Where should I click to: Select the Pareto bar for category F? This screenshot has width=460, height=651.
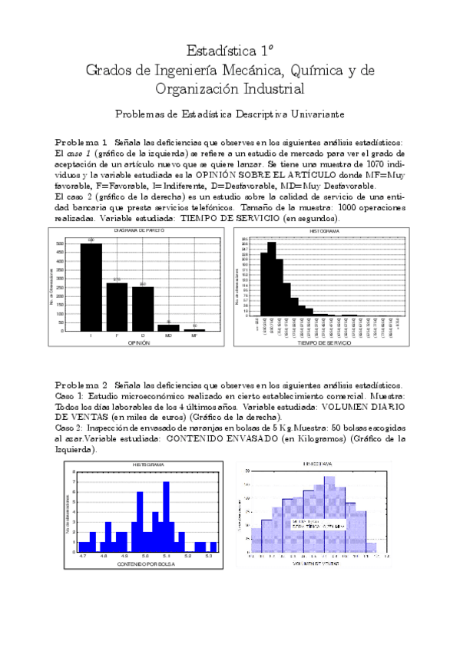pos(117,306)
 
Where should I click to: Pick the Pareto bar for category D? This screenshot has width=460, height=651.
pos(142,309)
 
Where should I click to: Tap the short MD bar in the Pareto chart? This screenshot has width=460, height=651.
pos(168,328)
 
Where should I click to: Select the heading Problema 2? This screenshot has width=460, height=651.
pos(81,383)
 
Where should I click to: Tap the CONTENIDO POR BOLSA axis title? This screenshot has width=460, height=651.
pos(146,564)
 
